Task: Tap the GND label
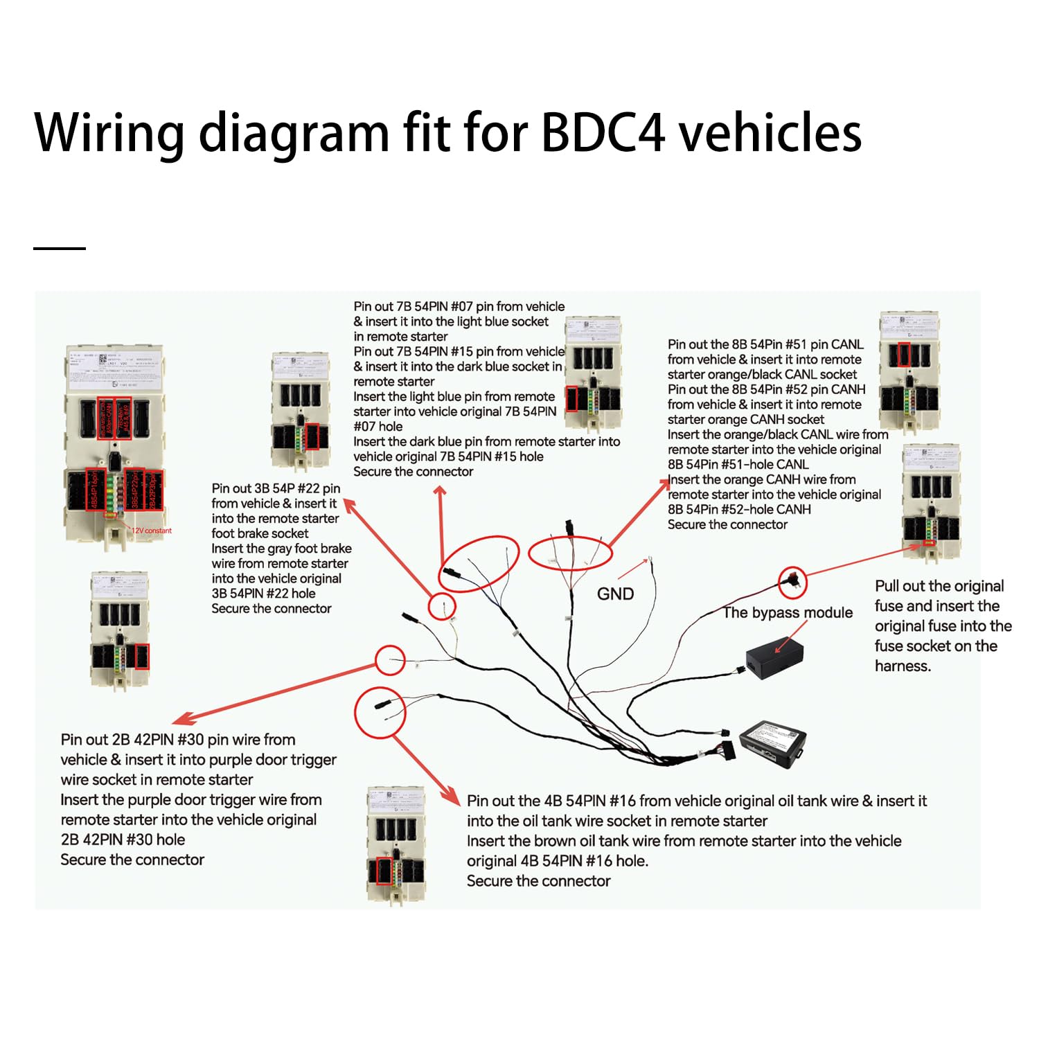click(615, 594)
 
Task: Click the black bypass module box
click(774, 657)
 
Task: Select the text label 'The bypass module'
click(788, 612)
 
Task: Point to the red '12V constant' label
click(152, 531)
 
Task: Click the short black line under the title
click(60, 248)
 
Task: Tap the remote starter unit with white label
click(773, 743)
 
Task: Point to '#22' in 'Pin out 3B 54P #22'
click(308, 488)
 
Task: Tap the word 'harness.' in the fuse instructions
click(903, 666)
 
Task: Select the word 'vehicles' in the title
click(770, 132)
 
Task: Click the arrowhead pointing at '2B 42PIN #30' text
click(179, 720)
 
